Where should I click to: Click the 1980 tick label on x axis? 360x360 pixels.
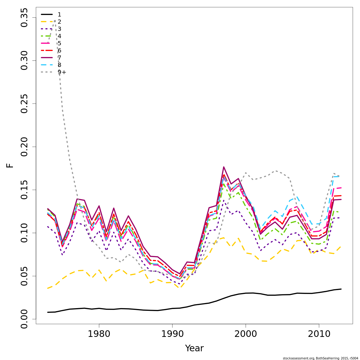(x=99, y=334)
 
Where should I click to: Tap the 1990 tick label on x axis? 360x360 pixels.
(x=172, y=334)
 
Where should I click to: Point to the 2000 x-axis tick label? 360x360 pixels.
(x=246, y=334)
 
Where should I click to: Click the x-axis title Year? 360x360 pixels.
(x=194, y=348)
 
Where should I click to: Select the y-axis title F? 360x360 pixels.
(x=10, y=165)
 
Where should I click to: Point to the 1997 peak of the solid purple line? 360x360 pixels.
(x=223, y=167)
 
